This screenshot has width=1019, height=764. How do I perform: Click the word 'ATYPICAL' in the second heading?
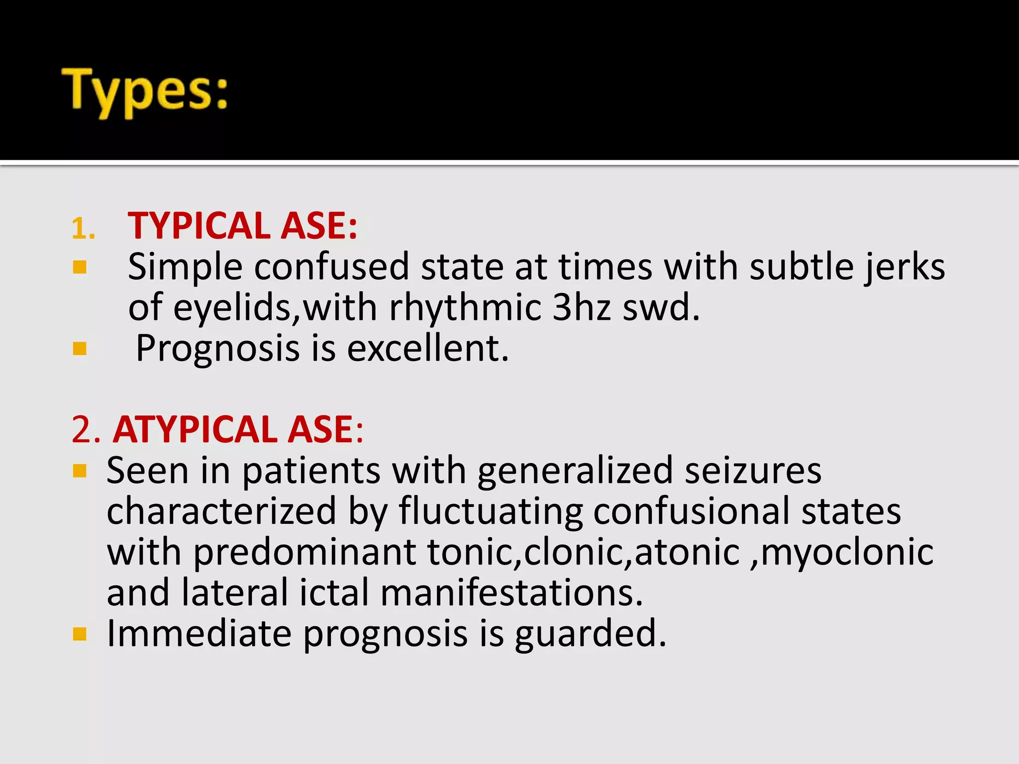click(x=195, y=429)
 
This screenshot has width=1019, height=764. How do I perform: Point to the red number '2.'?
click(x=86, y=429)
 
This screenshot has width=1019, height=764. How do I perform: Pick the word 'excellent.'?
click(x=428, y=348)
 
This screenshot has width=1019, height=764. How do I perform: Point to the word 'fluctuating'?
click(x=490, y=511)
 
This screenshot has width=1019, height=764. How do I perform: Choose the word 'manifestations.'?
click(x=512, y=593)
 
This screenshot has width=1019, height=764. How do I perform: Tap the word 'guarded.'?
click(x=590, y=634)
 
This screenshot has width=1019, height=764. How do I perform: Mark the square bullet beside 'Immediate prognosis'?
click(x=80, y=634)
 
